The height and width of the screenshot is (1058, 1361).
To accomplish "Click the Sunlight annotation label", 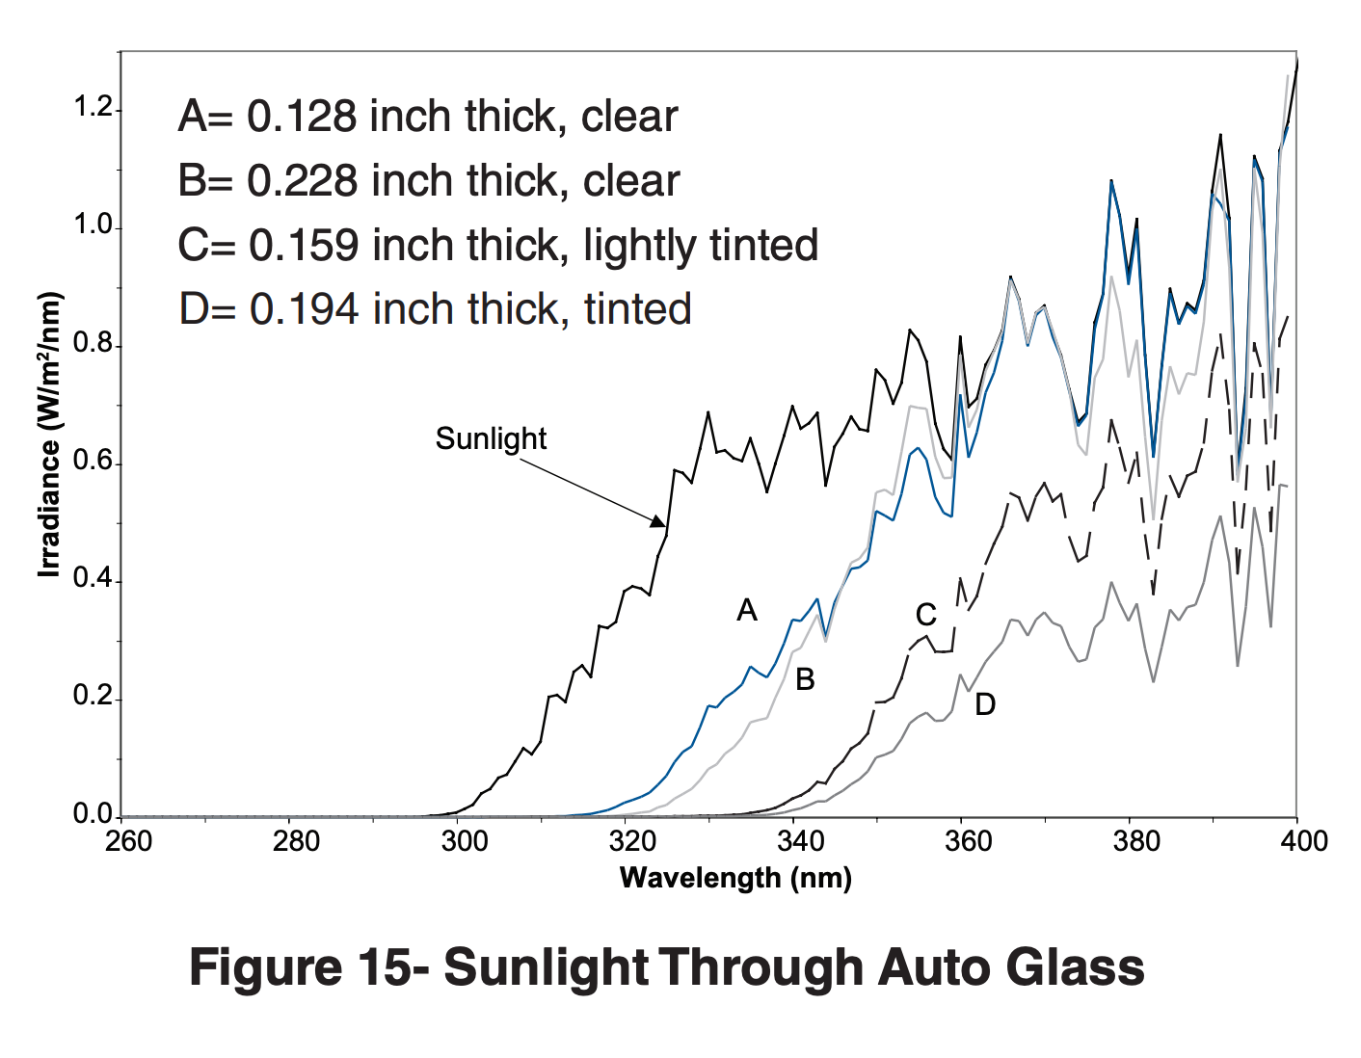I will (491, 439).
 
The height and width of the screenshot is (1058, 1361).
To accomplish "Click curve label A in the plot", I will (746, 610).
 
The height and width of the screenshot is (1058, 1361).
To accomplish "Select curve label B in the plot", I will (805, 680).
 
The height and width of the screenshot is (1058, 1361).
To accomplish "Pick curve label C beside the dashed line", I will (925, 615).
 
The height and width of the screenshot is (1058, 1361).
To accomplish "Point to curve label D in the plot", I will (984, 705).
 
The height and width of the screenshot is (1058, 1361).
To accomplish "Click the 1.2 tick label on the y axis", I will (93, 109).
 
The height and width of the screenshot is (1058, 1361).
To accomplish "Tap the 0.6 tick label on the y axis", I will (93, 463).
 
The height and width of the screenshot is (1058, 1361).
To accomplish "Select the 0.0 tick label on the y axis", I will (93, 815).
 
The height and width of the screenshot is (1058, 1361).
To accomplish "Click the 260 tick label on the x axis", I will (128, 842).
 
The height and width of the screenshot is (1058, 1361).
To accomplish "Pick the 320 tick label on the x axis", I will (632, 842).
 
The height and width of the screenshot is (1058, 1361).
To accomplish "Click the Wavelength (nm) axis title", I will (735, 878).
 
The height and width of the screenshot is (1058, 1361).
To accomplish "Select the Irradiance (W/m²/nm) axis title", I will (49, 435).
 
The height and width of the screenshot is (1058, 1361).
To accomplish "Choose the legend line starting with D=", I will (435, 309).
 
